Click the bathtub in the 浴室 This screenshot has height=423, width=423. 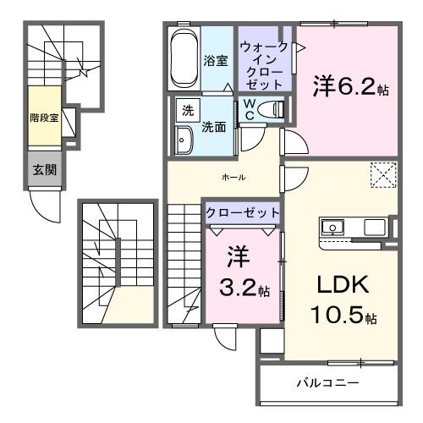click(184, 59)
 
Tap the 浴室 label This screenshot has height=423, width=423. click(216, 61)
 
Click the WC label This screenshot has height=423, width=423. click(250, 108)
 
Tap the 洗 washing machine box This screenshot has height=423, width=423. click(184, 110)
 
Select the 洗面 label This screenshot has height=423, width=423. click(213, 127)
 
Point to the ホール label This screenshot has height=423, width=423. click(233, 178)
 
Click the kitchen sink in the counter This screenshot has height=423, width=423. click(332, 227)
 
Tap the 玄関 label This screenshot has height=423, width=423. click(45, 169)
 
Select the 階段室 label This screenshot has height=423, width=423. click(41, 118)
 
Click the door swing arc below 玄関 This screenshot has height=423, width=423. click(41, 203)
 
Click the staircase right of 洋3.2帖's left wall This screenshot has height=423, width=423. click(182, 262)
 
